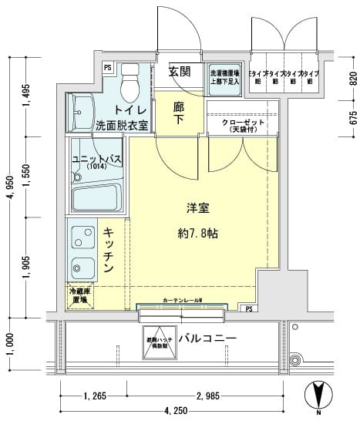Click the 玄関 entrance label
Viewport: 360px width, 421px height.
(x=180, y=72)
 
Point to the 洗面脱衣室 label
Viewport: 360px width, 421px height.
(x=122, y=125)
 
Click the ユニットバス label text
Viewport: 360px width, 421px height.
(x=96, y=158)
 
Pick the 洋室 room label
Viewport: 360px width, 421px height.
(x=198, y=207)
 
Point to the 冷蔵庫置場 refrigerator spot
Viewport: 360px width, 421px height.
(x=79, y=295)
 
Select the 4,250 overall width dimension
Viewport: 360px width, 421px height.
(x=176, y=410)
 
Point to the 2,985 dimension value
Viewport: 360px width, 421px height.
(x=208, y=396)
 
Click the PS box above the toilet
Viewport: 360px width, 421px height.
(x=107, y=67)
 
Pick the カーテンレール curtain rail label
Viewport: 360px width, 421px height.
(x=182, y=300)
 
